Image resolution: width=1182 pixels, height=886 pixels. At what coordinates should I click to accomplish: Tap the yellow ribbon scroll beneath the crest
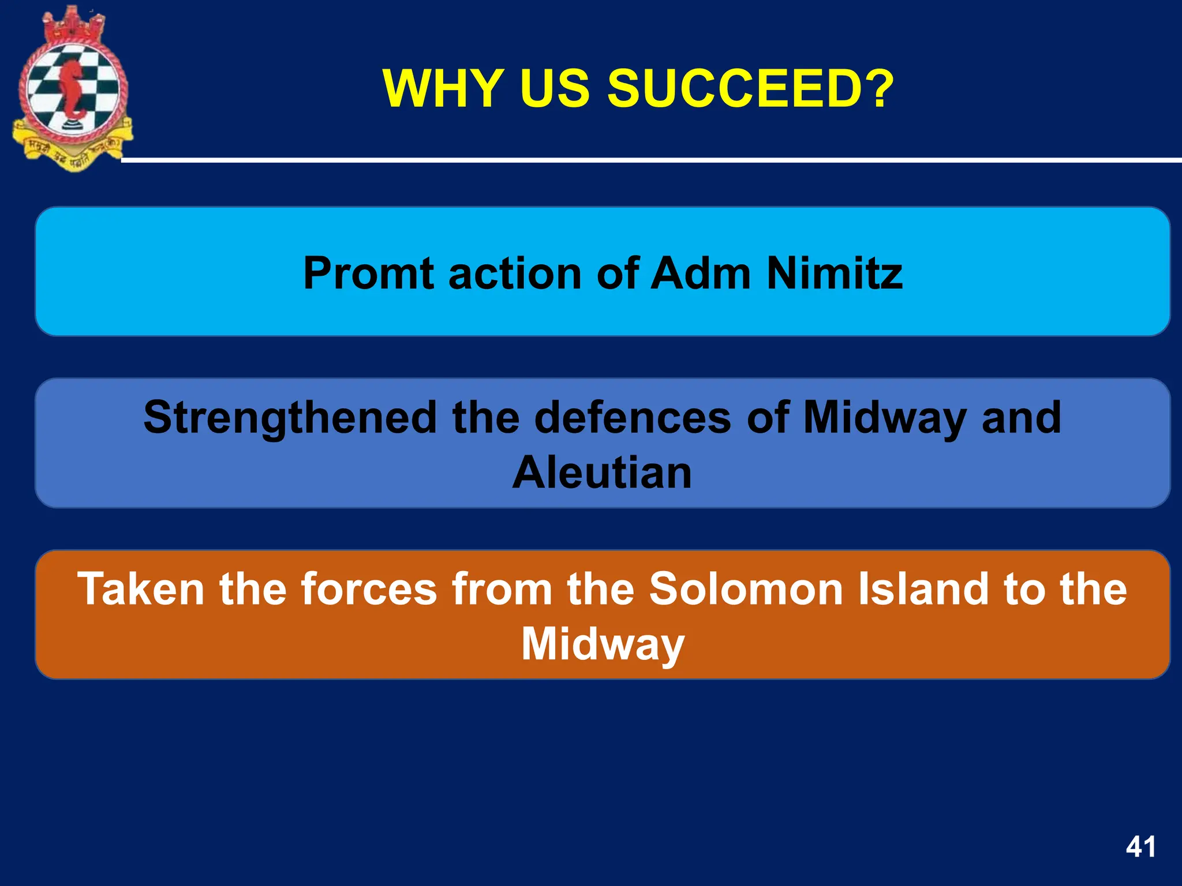(72, 153)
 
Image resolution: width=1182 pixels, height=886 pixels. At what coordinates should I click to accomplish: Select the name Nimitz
(835, 273)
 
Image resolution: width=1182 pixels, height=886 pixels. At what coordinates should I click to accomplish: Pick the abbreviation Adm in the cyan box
(701, 273)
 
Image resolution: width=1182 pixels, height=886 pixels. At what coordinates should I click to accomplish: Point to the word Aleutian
(602, 473)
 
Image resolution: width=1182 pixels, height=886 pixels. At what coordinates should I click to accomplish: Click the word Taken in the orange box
(141, 588)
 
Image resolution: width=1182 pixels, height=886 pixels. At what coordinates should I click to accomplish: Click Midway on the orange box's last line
(603, 644)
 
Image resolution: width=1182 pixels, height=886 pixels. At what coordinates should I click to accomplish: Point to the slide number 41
(1140, 847)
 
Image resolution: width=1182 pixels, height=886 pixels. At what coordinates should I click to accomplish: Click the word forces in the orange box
(369, 588)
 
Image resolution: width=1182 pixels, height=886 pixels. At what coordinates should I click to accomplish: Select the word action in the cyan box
(515, 273)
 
